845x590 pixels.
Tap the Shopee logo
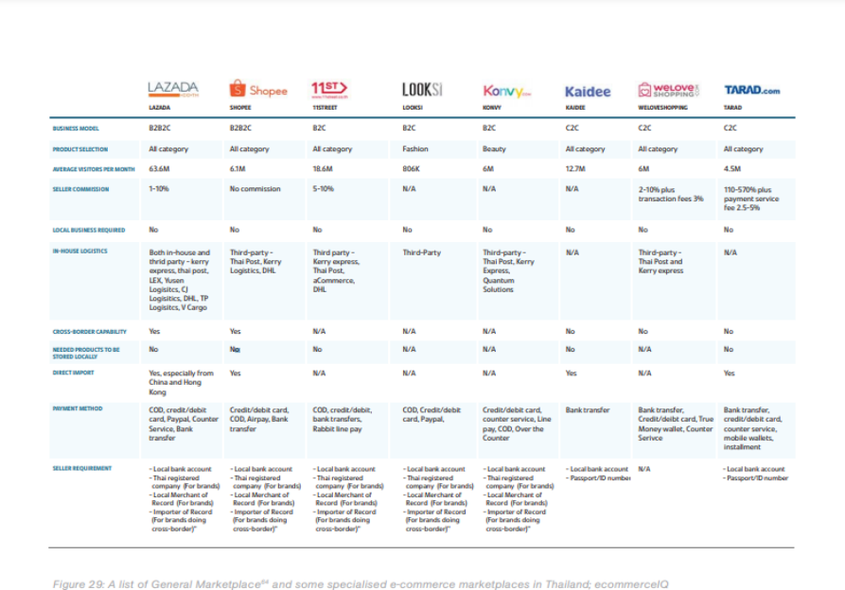(x=258, y=90)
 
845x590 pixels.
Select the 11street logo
(x=329, y=90)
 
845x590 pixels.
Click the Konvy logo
(x=507, y=91)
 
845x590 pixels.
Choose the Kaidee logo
(x=588, y=92)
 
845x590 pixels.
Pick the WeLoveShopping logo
(x=669, y=90)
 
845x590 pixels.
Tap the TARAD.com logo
(x=751, y=91)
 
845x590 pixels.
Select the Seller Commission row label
(x=80, y=189)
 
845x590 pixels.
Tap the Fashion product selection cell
(x=415, y=148)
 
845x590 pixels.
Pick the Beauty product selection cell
(x=495, y=148)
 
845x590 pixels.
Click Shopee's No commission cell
(x=255, y=189)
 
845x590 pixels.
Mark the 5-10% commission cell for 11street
(x=324, y=189)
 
